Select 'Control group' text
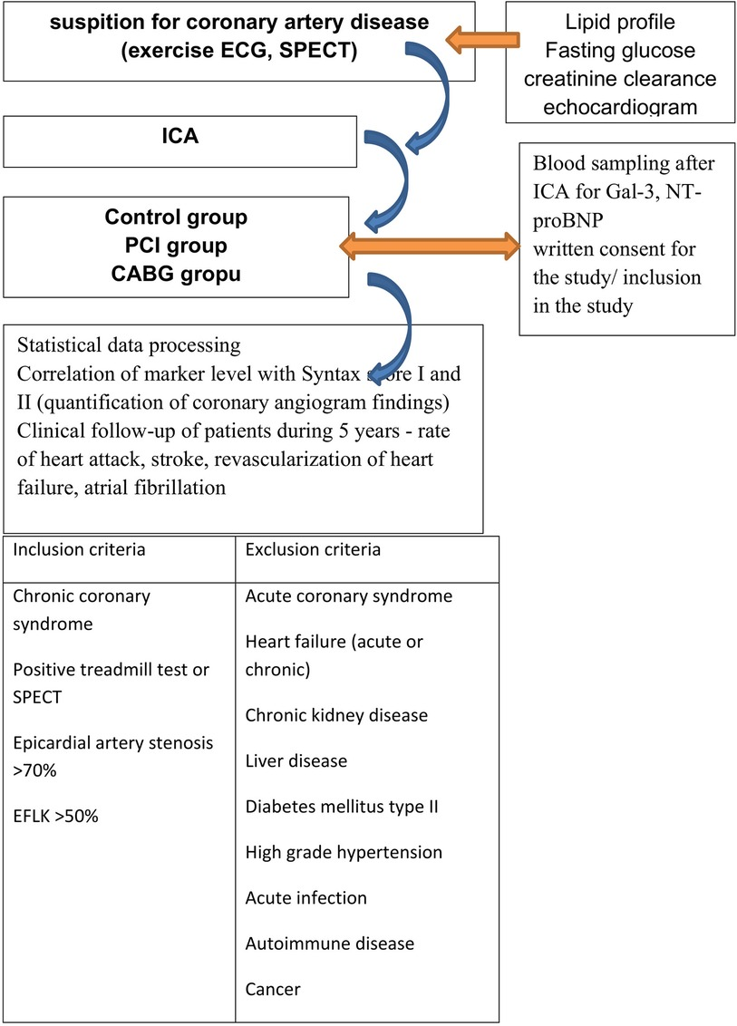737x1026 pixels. tap(176, 218)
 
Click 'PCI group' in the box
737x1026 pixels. tap(176, 246)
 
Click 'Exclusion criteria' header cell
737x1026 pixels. tap(313, 550)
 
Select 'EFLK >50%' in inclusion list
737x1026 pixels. tap(56, 816)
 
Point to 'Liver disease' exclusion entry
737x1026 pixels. tap(296, 760)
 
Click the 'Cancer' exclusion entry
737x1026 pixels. tap(272, 989)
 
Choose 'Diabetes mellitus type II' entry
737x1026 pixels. tap(342, 806)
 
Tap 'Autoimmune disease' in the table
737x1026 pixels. tap(329, 944)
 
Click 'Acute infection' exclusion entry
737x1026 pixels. tap(305, 897)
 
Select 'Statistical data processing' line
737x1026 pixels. tap(127, 345)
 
